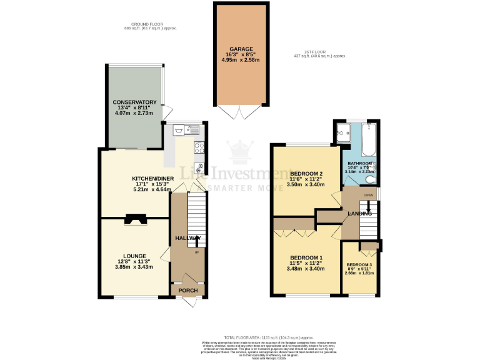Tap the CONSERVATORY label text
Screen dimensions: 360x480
point(134,102)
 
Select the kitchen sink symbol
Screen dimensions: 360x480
point(181,131)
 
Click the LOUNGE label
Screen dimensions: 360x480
point(134,256)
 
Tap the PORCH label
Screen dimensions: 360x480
point(188,291)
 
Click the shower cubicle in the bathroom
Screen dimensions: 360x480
point(344,132)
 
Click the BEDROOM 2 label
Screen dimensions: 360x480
point(306,173)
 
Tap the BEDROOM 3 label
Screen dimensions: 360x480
point(359,264)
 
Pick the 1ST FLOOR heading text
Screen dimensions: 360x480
point(319,52)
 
